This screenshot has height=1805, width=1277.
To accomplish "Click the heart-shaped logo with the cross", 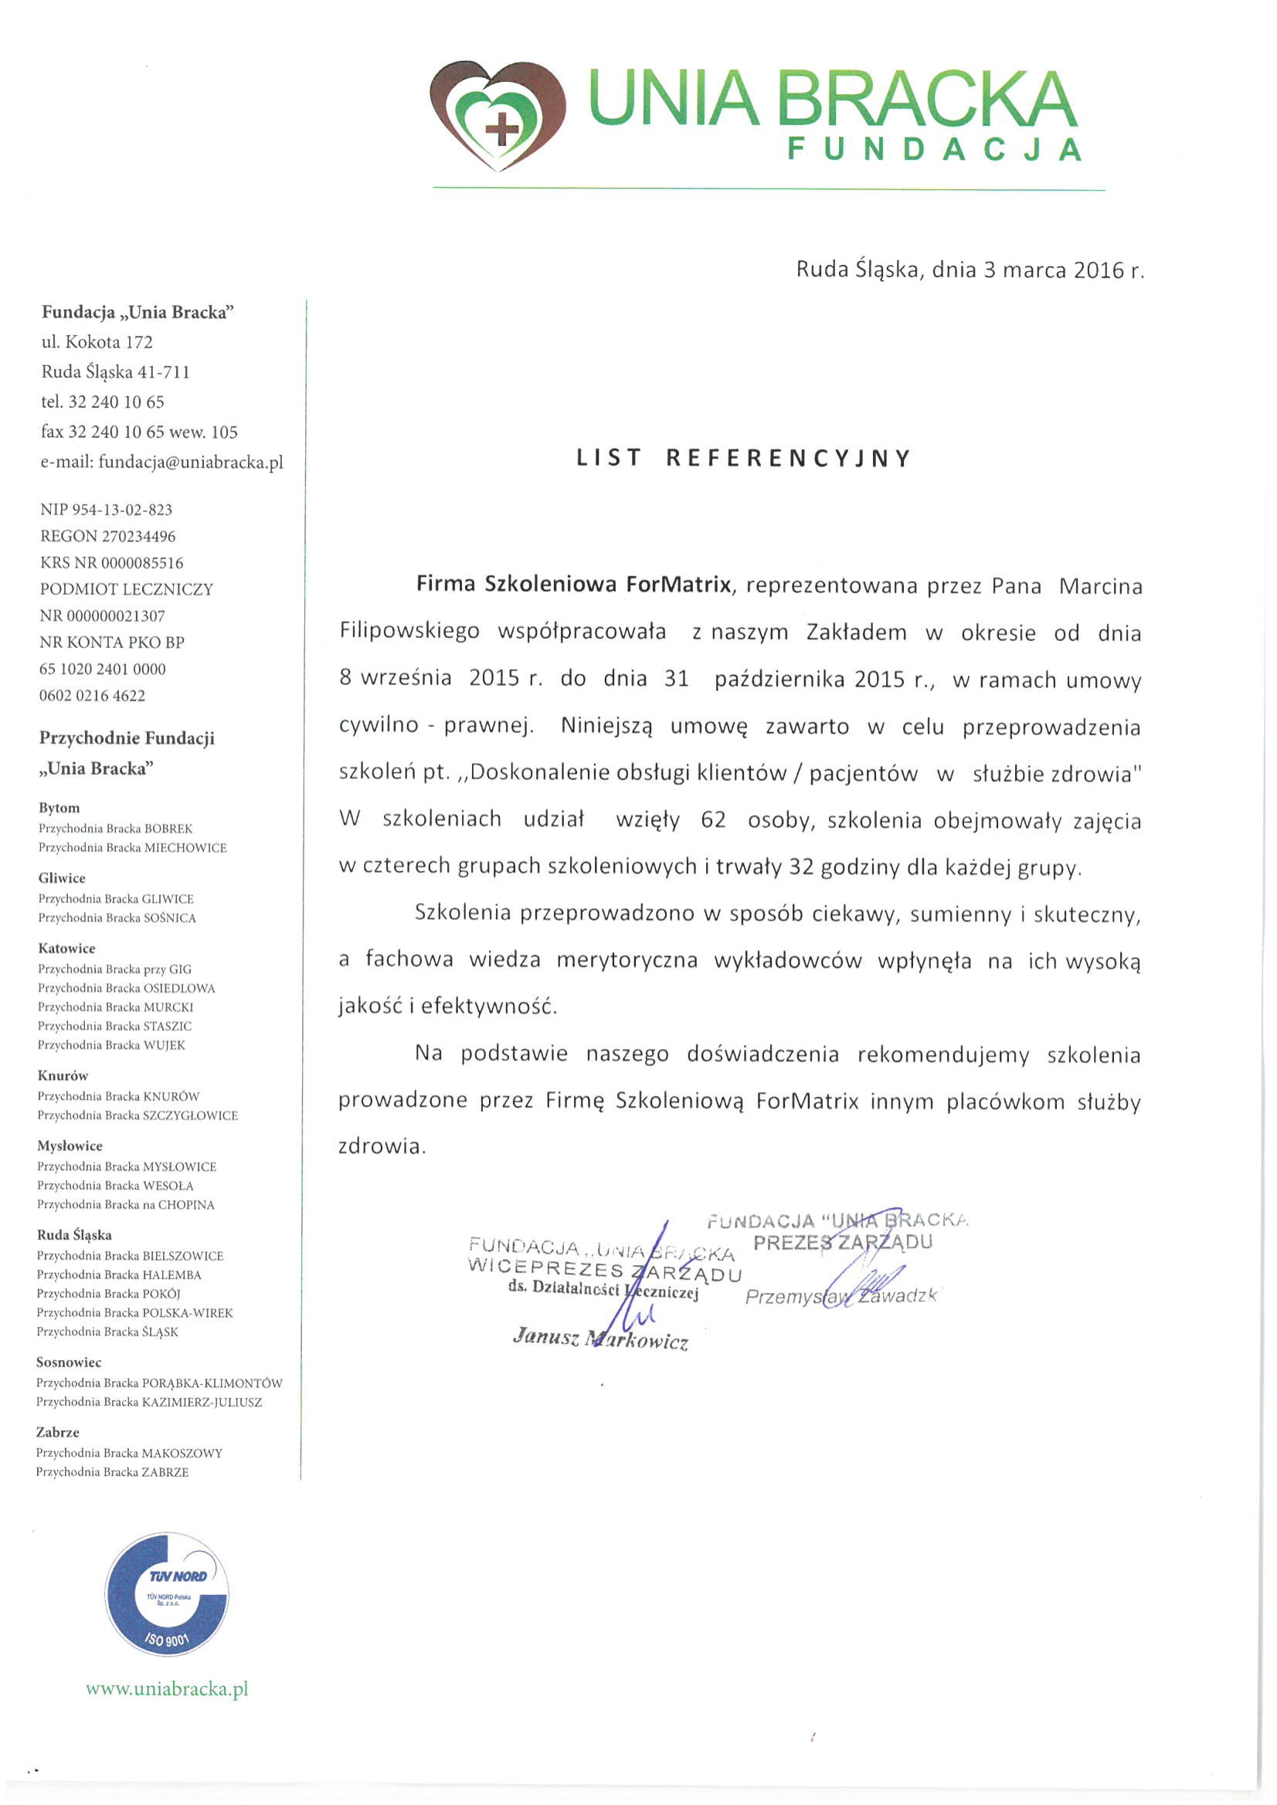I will click(x=498, y=115).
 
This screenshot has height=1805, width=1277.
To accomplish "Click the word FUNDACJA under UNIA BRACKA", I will click(x=934, y=149).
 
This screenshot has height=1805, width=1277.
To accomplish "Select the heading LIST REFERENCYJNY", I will click(x=743, y=458).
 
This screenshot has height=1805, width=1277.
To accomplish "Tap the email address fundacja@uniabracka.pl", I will click(x=190, y=462).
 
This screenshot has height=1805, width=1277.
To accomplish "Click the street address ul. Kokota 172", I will click(x=97, y=342).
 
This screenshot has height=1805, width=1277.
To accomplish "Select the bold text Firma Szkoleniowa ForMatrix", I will click(x=574, y=584).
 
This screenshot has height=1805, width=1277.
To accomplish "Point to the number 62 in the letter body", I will click(x=713, y=820).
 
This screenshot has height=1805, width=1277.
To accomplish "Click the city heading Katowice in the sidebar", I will click(x=67, y=948).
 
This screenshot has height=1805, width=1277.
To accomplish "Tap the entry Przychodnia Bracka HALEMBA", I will click(x=119, y=1275).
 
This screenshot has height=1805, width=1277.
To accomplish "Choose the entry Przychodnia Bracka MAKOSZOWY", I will click(x=129, y=1453).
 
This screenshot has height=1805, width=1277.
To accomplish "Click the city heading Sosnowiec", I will click(x=69, y=1362).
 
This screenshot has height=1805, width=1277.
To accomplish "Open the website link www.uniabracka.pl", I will click(x=167, y=1688).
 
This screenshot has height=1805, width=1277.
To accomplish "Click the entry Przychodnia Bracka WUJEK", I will click(x=112, y=1045).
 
